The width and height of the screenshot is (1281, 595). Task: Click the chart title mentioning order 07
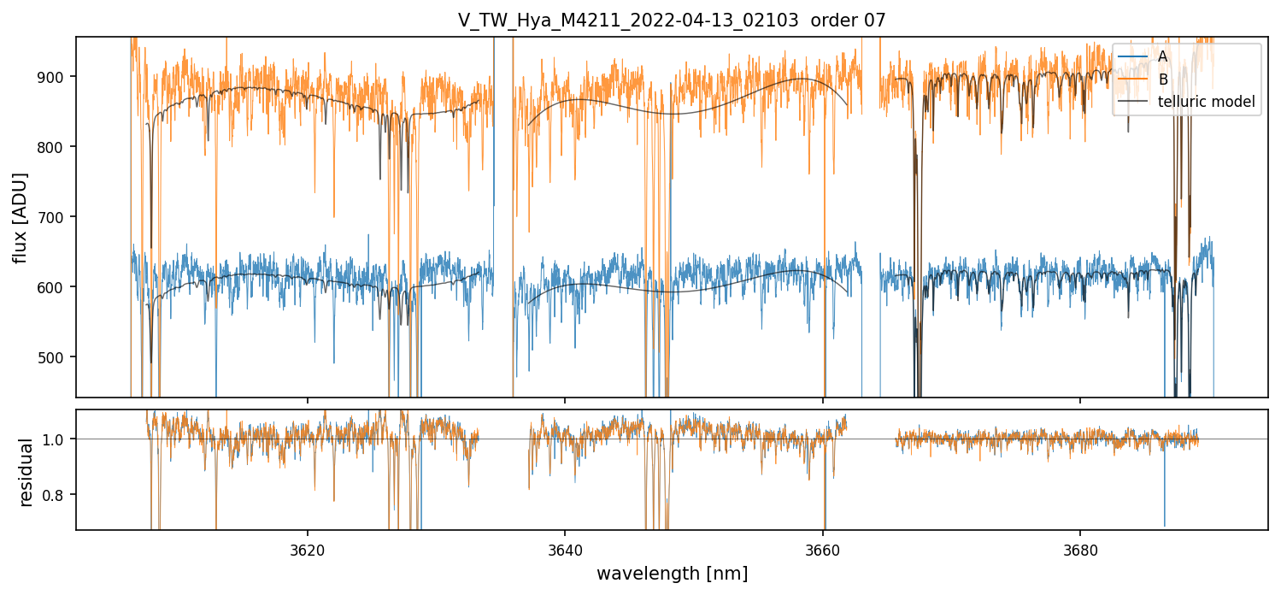click(672, 21)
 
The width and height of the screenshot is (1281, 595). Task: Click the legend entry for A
click(1162, 56)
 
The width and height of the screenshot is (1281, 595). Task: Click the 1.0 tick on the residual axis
click(60, 439)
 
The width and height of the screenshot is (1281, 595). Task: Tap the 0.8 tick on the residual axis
click(60, 495)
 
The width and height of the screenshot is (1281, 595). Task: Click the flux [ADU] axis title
click(21, 217)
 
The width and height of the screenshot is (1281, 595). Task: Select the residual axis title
click(27, 471)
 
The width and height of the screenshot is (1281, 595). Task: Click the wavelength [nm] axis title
click(672, 573)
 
